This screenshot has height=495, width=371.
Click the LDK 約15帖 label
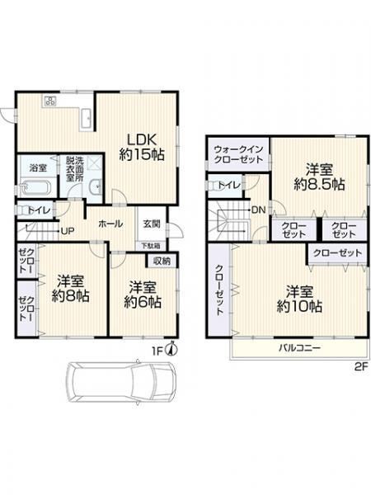142,147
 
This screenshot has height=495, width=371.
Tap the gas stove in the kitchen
50,101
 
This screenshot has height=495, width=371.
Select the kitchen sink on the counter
86,118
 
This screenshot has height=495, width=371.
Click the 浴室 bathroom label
38,168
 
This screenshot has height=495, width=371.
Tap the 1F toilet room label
39,210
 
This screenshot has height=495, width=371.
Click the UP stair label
68,231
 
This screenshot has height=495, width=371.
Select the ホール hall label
110,224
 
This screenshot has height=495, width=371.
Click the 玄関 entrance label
152,224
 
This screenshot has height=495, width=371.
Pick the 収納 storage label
162,261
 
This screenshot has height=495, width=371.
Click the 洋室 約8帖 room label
70,288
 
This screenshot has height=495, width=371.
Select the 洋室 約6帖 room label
143,295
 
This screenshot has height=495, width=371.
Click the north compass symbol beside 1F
172,349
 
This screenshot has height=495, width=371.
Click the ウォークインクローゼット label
238,154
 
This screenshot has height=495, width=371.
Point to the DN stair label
259,210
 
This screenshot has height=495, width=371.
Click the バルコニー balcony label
299,348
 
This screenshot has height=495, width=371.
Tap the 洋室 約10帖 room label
299,299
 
